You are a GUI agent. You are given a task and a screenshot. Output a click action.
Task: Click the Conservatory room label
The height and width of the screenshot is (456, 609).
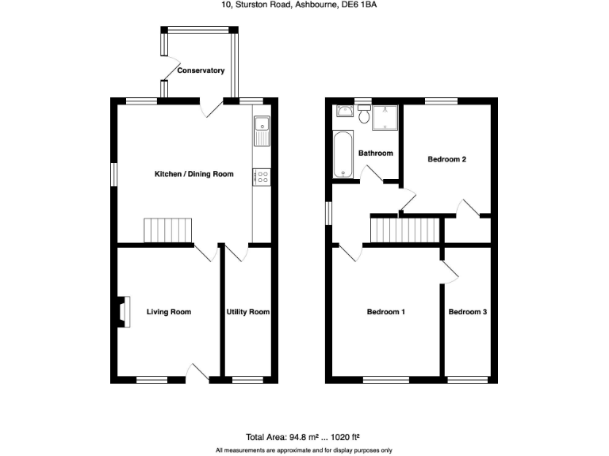[x=201, y=70]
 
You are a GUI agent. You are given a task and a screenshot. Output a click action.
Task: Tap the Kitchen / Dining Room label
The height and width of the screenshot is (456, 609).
[x=193, y=173]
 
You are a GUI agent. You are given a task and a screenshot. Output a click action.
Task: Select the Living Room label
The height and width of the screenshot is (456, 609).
[x=169, y=312]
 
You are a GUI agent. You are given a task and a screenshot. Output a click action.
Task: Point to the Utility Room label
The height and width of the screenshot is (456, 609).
[x=248, y=312]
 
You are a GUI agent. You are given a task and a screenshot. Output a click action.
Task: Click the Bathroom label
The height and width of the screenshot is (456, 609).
[x=376, y=153]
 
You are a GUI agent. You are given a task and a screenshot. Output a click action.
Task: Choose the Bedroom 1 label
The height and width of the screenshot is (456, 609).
[x=386, y=312]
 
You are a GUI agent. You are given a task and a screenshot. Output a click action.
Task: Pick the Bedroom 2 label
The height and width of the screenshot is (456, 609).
[x=446, y=159]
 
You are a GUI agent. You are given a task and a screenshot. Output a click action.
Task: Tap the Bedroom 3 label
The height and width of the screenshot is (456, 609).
[x=468, y=312]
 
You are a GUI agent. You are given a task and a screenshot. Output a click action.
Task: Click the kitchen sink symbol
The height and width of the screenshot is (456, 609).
[x=262, y=131]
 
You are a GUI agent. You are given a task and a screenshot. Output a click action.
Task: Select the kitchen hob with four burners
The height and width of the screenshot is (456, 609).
[x=262, y=177]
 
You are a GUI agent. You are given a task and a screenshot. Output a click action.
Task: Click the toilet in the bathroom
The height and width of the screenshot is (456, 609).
[x=364, y=116]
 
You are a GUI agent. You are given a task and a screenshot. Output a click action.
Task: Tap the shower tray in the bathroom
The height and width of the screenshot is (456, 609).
[x=385, y=116]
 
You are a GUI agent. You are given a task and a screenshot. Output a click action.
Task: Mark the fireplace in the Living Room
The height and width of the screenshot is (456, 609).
[x=123, y=312]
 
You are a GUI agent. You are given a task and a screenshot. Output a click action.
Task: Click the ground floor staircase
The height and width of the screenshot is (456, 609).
[x=168, y=230]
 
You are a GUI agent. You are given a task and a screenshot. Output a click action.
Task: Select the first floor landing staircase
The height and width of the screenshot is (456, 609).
[x=404, y=230]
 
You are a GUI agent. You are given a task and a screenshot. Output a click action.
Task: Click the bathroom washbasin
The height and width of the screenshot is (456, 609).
[x=346, y=112]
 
